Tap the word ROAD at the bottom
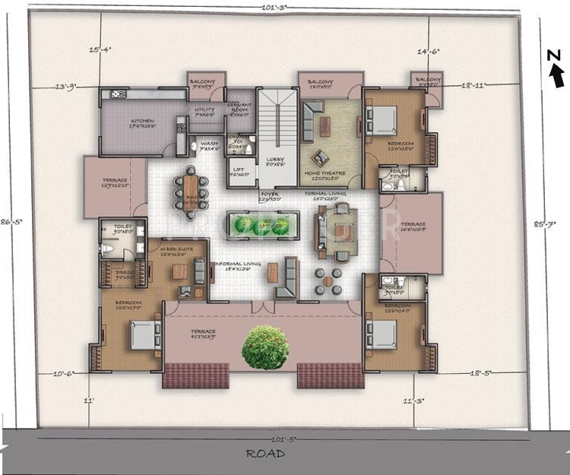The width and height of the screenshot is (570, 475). pyautogui.click(x=265, y=454)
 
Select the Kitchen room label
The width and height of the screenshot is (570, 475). pyautogui.click(x=142, y=122)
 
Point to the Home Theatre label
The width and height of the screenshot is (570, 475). pyautogui.click(x=325, y=174)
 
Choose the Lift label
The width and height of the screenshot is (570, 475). pyautogui.click(x=238, y=169)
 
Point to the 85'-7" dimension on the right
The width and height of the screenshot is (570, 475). pyautogui.click(x=538, y=224)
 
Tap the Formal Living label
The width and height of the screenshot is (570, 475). pyautogui.click(x=327, y=195)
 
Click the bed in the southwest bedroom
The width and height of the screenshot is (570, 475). pyautogui.click(x=144, y=334)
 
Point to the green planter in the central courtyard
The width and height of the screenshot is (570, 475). pyautogui.click(x=260, y=224)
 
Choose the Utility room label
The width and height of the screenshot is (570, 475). pyautogui.click(x=205, y=111)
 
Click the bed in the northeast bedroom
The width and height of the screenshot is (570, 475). pyautogui.click(x=383, y=120)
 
